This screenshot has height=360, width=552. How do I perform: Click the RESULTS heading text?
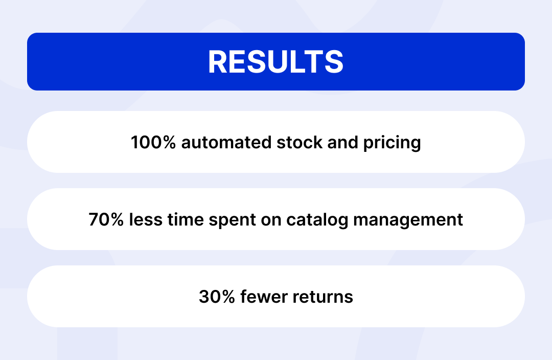click(275, 62)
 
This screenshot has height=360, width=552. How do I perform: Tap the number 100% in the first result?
click(153, 142)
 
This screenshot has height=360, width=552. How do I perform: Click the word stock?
click(300, 142)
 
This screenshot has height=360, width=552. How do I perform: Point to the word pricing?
click(392, 143)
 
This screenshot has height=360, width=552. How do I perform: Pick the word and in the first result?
click(343, 142)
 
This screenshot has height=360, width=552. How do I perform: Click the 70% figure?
click(106, 219)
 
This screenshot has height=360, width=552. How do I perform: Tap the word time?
click(186, 219)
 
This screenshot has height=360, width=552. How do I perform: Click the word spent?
click(233, 220)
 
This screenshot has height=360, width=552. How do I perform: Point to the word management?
click(408, 220)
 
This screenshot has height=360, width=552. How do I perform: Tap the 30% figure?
click(217, 297)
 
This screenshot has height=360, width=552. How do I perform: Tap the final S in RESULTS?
click(334, 62)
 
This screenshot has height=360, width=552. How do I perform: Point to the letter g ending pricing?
click(416, 145)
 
